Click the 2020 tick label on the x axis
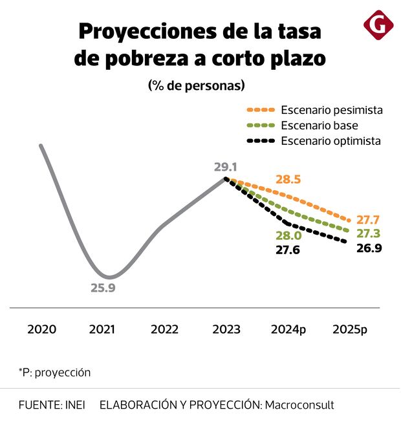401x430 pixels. pos(41,329)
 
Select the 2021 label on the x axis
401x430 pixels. pos(102,329)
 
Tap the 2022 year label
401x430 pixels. pos(164,329)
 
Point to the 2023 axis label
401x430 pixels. pos(226,329)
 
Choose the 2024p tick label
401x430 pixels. pos(288,329)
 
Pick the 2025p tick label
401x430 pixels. pos(349,329)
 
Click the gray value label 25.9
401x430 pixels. pos(102,288)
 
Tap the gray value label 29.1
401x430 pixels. pos(226,167)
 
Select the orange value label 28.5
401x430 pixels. pos(288,179)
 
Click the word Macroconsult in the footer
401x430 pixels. pos(299,405)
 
